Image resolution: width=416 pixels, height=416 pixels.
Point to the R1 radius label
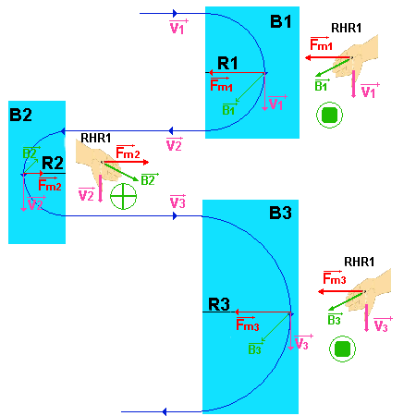227,63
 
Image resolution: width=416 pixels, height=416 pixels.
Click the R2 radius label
53,164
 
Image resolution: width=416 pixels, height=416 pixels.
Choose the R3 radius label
219,303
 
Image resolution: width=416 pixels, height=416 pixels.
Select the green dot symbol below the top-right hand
328,116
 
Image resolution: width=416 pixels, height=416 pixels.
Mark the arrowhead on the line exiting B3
163,411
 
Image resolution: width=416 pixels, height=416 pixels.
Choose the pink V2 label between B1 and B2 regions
173,145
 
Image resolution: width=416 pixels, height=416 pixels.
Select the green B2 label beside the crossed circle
147,179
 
